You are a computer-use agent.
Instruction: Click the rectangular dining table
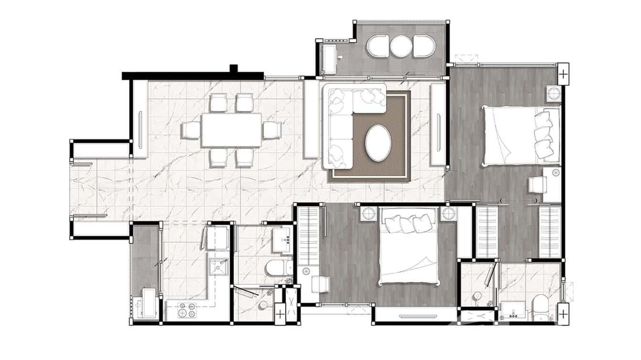point(231,130)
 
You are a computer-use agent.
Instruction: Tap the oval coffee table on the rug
point(378,143)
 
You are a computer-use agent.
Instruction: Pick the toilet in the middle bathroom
point(279,268)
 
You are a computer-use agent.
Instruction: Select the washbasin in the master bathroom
point(513,312)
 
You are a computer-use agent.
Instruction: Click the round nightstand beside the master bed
point(554,93)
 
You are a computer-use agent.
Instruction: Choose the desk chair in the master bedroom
point(536,185)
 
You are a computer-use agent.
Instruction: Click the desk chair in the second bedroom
point(320,284)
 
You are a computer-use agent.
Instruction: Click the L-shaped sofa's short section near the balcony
point(369,97)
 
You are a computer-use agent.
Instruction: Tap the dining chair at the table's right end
point(271,130)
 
